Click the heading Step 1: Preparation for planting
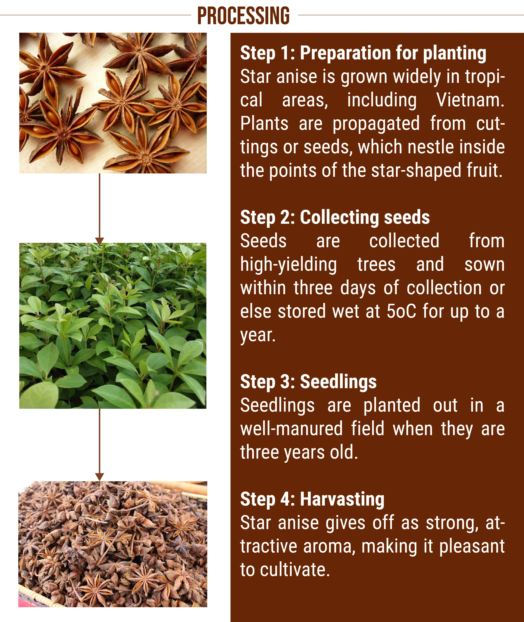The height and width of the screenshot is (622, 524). tap(363, 54)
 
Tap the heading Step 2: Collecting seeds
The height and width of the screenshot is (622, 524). tap(335, 218)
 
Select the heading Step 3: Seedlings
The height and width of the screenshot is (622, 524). tap(308, 382)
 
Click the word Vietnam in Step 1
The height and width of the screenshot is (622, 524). tap(470, 100)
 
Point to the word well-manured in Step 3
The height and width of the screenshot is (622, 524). tap(291, 429)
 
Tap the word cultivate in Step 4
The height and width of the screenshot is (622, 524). tap(295, 570)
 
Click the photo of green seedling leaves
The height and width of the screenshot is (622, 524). tap(113, 326)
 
